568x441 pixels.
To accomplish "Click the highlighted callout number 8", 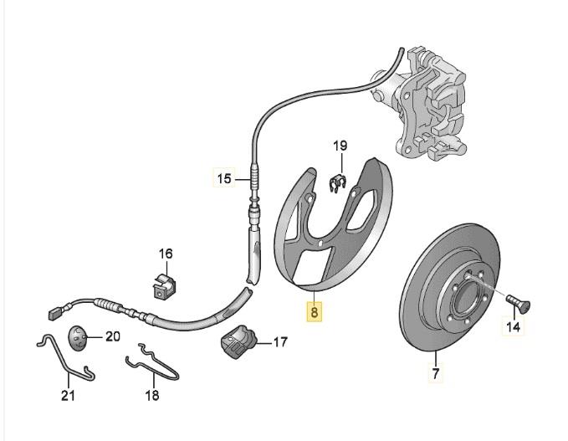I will click(x=315, y=312).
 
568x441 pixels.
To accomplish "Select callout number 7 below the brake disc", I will click(x=435, y=373).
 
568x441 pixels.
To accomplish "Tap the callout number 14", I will click(x=514, y=328).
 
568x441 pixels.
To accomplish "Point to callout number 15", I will click(x=223, y=178).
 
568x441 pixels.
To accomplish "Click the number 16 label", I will click(x=165, y=254).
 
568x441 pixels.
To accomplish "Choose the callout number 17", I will click(x=279, y=341).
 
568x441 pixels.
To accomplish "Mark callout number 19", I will click(x=340, y=147).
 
